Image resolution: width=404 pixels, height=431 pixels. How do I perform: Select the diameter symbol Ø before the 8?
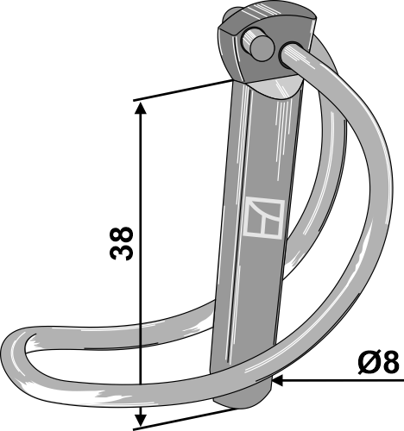pos(364,362)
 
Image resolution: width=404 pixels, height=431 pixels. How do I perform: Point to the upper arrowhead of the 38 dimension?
pos(138,107)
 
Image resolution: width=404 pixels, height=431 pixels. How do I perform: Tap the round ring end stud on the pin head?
pos(256,44)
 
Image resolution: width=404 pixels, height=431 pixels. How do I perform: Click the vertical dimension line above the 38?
pos(138,164)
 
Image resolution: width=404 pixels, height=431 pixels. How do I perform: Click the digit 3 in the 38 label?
pos(121,256)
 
